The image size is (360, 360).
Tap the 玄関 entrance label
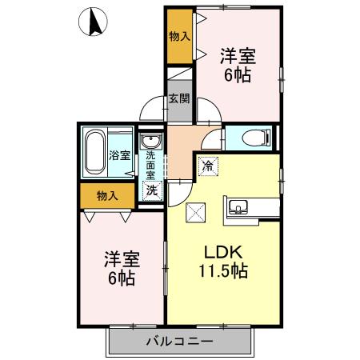click(178, 99)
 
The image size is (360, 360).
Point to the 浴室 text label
click(120, 155)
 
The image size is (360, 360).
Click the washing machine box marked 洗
click(150, 190)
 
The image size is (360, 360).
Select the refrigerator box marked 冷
click(208, 166)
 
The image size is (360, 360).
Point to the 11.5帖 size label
click(222, 270)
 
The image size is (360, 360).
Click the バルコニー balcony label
click(179, 342)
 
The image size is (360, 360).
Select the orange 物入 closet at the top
click(179, 37)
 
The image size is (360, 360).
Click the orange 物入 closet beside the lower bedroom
click(107, 195)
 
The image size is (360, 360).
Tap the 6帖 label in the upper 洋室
click(238, 75)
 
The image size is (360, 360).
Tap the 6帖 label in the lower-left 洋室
click(122, 278)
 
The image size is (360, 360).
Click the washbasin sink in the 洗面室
click(150, 143)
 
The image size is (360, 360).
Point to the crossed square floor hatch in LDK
click(196, 212)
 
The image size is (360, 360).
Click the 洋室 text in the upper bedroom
click(238, 56)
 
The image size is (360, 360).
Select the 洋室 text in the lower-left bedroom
click(122, 259)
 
